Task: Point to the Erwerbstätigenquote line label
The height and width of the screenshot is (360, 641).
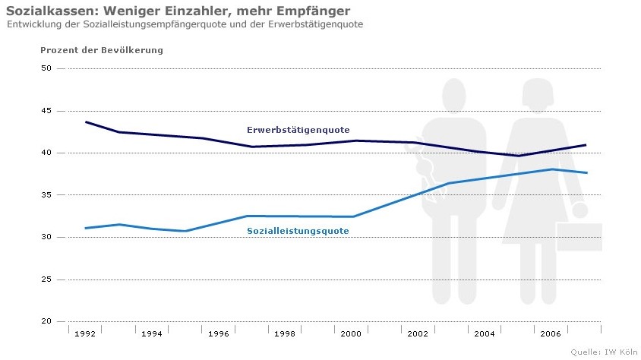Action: pyautogui.click(x=298, y=130)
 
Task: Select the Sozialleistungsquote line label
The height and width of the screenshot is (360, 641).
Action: pyautogui.click(x=298, y=231)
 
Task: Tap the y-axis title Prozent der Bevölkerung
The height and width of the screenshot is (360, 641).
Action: pyautogui.click(x=101, y=50)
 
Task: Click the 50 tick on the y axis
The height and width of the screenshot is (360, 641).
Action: pyautogui.click(x=46, y=68)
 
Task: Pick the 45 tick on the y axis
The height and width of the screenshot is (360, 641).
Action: pyautogui.click(x=46, y=111)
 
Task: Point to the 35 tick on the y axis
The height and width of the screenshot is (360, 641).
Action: pyautogui.click(x=46, y=195)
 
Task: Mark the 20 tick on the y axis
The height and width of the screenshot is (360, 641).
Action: pyautogui.click(x=46, y=321)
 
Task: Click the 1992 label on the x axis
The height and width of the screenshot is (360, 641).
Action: pyautogui.click(x=85, y=333)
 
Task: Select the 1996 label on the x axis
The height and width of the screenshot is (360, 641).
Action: pyautogui.click(x=219, y=333)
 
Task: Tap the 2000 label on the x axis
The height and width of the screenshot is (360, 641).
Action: pyautogui.click(x=351, y=333)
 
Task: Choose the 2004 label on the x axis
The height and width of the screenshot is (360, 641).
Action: pyautogui.click(x=485, y=333)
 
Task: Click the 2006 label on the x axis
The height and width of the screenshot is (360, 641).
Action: pyautogui.click(x=551, y=333)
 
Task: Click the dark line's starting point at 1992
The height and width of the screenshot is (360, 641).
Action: pyautogui.click(x=86, y=122)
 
